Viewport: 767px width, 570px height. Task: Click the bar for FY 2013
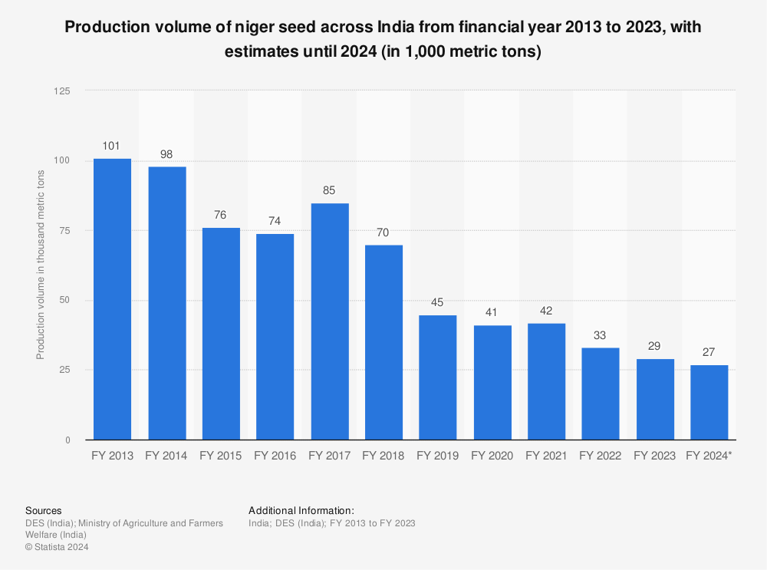(112, 299)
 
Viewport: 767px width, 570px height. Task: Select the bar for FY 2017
(329, 321)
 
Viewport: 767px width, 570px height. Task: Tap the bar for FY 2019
(438, 377)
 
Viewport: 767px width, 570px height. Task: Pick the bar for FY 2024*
(709, 402)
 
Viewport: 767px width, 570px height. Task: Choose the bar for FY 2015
(221, 334)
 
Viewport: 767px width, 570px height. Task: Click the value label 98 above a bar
(166, 154)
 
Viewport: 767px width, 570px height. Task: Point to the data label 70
(383, 232)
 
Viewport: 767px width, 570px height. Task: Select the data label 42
(546, 311)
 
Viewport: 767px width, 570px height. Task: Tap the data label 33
(601, 335)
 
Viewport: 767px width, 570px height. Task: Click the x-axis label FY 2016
(275, 456)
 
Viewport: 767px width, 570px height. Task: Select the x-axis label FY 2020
(492, 456)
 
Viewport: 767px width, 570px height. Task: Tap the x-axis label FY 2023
(654, 456)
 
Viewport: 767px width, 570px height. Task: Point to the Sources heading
(44, 510)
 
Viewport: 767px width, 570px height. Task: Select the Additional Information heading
(301, 510)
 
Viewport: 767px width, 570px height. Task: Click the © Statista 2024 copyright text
(58, 547)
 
